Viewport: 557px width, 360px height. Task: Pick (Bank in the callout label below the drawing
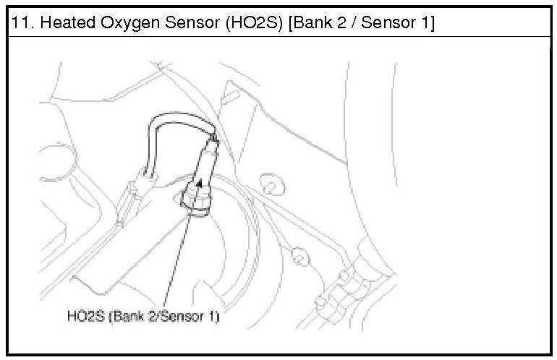[x=124, y=317]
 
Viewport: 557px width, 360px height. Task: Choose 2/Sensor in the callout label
[x=171, y=317]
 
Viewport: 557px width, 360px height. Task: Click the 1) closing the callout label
[x=213, y=317]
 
